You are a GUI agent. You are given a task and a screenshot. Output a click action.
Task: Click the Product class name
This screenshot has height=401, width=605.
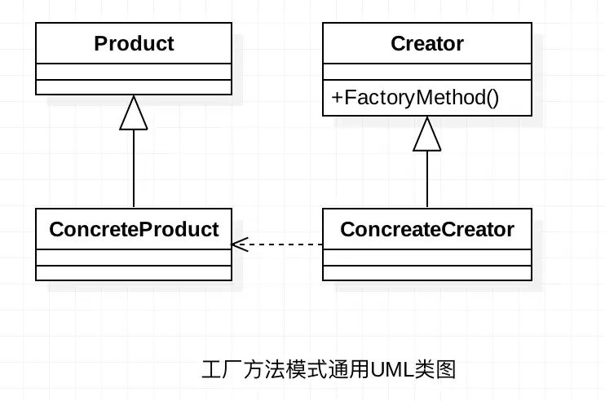[x=134, y=43]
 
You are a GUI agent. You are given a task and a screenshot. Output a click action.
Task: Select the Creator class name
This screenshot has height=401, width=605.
[x=427, y=43]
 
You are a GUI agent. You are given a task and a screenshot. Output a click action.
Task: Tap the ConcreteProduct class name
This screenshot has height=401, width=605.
[x=134, y=229]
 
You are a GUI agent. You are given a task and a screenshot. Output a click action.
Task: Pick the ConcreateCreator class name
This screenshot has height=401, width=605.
[x=427, y=229]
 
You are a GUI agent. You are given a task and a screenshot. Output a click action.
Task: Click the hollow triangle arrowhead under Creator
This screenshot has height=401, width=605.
[x=427, y=134]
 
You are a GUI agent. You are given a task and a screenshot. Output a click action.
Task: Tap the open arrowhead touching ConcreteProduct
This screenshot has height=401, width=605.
[x=238, y=244]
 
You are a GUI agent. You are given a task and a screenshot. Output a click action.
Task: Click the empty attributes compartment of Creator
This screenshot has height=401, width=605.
[x=427, y=72]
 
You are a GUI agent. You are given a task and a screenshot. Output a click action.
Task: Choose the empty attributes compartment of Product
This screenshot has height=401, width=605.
[x=134, y=72]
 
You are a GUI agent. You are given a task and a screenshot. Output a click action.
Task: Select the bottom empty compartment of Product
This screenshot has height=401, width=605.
[x=134, y=86]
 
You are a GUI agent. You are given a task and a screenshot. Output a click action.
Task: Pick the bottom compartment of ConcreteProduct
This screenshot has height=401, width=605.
[x=134, y=272]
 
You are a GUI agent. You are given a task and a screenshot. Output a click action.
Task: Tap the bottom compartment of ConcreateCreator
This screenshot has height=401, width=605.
[x=427, y=272]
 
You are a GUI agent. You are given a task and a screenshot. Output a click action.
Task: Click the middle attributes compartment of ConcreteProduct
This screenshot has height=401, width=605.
[x=134, y=257]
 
